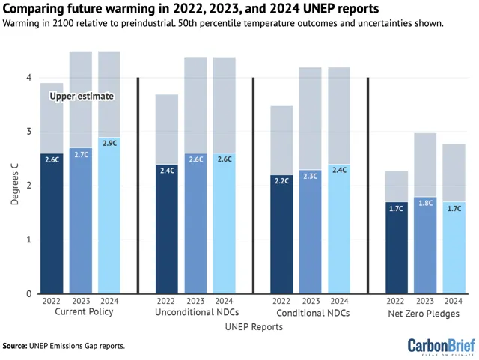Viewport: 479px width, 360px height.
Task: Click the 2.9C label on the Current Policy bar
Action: pyautogui.click(x=109, y=142)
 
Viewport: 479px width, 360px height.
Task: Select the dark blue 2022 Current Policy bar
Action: pyautogui.click(x=52, y=225)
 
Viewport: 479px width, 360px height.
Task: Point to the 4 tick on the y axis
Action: pyautogui.click(x=28, y=78)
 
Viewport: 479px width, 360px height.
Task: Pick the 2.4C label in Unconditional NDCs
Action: pyautogui.click(x=167, y=170)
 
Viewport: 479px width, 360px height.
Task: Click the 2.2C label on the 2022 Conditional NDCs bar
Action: pyautogui.click(x=281, y=180)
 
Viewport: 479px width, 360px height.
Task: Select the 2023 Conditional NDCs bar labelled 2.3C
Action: pyautogui.click(x=310, y=232)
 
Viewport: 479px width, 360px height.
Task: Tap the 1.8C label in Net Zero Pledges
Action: pyautogui.click(x=424, y=202)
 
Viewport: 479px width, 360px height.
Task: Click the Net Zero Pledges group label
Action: pyautogui.click(x=424, y=313)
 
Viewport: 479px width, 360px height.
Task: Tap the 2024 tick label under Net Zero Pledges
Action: pyautogui.click(x=454, y=301)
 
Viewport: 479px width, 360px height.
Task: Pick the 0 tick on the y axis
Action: pyautogui.click(x=28, y=293)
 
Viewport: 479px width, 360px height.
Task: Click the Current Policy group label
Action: pyautogui.click(x=85, y=312)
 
